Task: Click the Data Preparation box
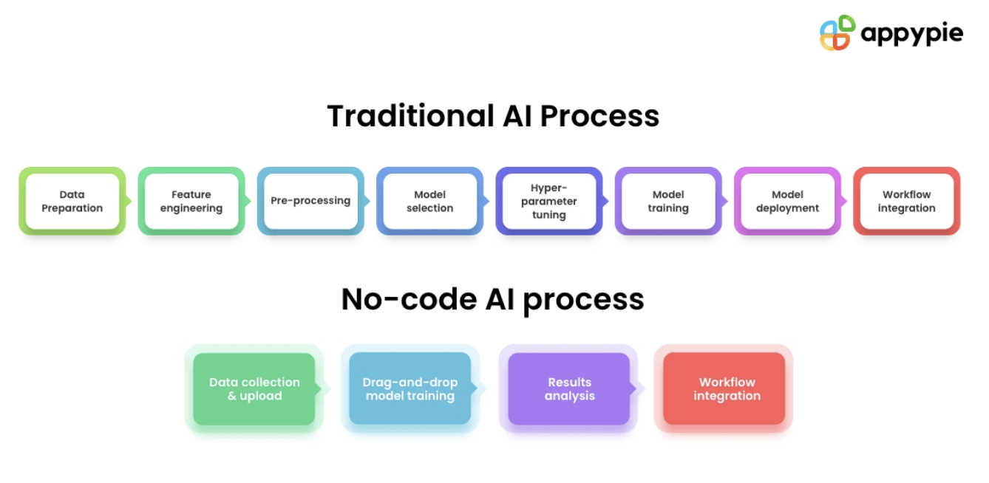coord(72,201)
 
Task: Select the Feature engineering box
coord(191,201)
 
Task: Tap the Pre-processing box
coord(310,201)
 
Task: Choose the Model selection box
coord(429,201)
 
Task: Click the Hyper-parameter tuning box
coord(548,201)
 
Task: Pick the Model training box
coord(668,201)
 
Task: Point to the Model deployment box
coord(787,201)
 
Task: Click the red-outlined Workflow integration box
coord(906,201)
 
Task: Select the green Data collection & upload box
coord(254,388)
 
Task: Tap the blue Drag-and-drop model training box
coord(409,388)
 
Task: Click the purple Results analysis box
coord(569,388)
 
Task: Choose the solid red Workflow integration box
coord(724,388)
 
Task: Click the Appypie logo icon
coord(837,33)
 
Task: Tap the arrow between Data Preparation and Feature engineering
coord(129,201)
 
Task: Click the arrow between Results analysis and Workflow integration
coord(640,388)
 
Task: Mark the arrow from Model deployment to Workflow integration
coord(844,201)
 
